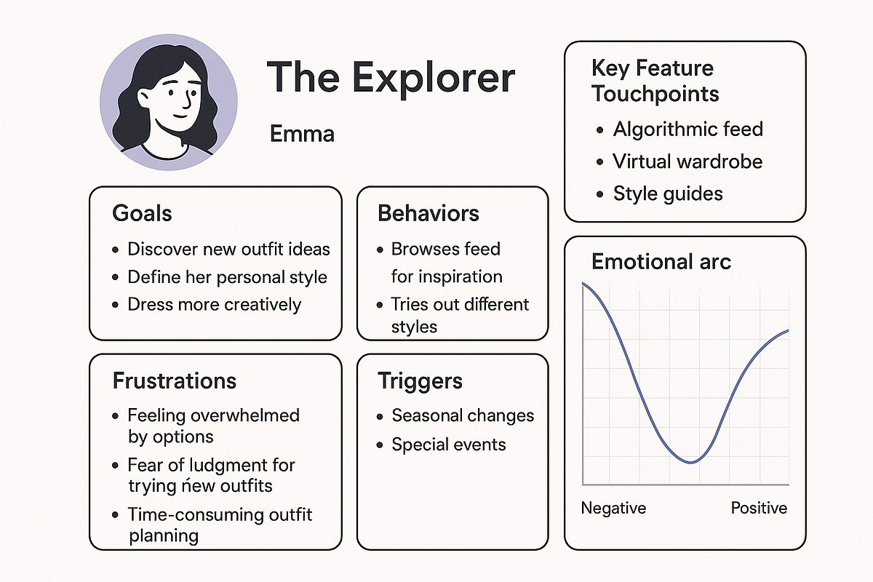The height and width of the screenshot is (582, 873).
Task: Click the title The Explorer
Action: (x=391, y=78)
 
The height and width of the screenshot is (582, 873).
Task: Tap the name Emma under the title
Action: (x=302, y=134)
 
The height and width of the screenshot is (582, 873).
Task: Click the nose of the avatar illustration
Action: (x=187, y=100)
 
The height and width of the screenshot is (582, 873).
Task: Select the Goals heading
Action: (x=142, y=213)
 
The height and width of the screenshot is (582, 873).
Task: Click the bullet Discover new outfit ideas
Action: (x=228, y=249)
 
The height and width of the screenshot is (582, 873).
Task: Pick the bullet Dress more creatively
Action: (x=215, y=304)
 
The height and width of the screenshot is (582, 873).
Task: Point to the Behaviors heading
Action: (x=428, y=213)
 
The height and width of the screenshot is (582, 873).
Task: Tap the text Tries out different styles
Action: (x=460, y=315)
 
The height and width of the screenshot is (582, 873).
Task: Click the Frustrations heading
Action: (x=174, y=380)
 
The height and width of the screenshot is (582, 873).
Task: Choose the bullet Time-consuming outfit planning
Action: (x=220, y=525)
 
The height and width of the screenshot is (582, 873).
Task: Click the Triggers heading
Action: (x=420, y=381)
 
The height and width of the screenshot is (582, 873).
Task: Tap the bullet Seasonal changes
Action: (x=463, y=415)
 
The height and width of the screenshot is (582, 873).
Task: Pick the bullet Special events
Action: (x=449, y=445)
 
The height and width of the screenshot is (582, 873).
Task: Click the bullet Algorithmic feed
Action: (x=688, y=129)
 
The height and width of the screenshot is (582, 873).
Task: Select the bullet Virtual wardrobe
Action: (x=687, y=162)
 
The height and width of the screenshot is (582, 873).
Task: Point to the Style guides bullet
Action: (x=668, y=194)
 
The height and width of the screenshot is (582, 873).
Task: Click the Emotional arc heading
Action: (x=661, y=261)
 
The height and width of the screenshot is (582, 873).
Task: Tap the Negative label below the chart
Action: (x=613, y=509)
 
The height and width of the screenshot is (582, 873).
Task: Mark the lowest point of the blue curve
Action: (x=690, y=463)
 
